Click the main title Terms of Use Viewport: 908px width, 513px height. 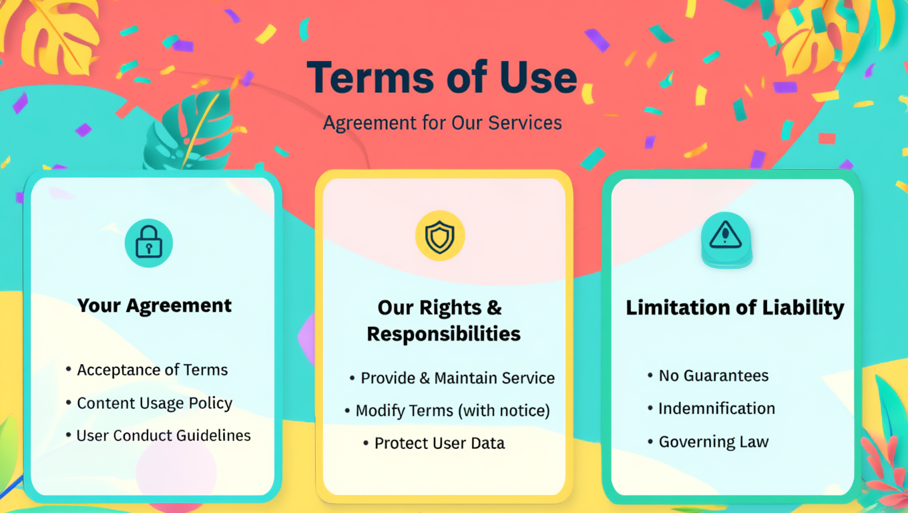tap(442, 77)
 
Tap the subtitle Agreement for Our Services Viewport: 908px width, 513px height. tap(442, 123)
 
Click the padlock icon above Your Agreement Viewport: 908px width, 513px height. tap(149, 243)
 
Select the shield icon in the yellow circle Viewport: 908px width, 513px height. tap(440, 236)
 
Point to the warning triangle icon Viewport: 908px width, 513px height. tap(726, 235)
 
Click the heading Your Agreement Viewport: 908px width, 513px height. tap(154, 305)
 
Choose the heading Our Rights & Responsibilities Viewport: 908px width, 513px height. tap(443, 321)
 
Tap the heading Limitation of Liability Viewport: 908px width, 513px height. tap(734, 307)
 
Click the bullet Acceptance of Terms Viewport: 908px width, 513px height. tap(152, 370)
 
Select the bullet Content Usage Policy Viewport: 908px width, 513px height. tap(154, 403)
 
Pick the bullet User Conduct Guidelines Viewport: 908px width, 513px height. tap(164, 436)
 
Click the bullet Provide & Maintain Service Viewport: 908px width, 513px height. tap(457, 378)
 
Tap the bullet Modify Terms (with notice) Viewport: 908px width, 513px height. tap(452, 411)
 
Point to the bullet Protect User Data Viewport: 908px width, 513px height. tap(439, 443)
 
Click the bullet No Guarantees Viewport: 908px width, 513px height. tap(713, 376)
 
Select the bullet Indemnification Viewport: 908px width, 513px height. tap(716, 409)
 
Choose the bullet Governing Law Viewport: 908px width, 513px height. tap(713, 442)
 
